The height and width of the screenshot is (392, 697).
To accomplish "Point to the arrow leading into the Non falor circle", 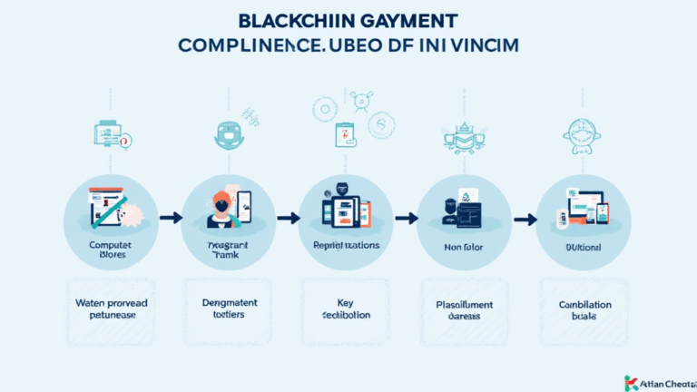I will pyautogui.click(x=406, y=218).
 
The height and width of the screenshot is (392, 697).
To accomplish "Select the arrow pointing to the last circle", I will pyautogui.click(x=524, y=218).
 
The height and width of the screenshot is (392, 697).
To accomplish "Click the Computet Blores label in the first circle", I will pyautogui.click(x=111, y=250).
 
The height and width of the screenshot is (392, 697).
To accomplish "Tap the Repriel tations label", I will pyautogui.click(x=347, y=245).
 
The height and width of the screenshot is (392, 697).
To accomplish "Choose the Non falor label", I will pyautogui.click(x=465, y=245).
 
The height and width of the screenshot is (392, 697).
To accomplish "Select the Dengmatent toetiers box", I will pyautogui.click(x=229, y=309).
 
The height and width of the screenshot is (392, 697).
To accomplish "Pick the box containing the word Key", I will pyautogui.click(x=347, y=309).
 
